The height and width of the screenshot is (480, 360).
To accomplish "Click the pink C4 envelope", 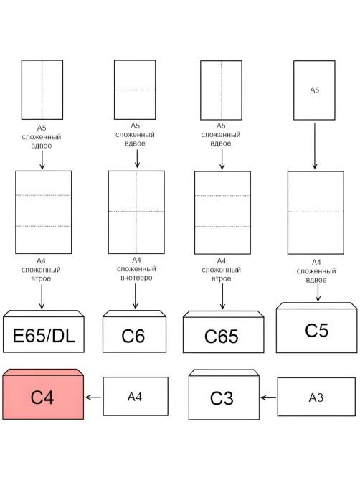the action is [x=43, y=395].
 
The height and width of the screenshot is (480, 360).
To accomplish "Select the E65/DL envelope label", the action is [x=44, y=336].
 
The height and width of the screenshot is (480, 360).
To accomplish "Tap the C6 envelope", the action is [x=134, y=331].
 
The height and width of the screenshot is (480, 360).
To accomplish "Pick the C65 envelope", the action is [x=223, y=331].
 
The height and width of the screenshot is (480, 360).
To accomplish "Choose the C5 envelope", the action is [x=316, y=328].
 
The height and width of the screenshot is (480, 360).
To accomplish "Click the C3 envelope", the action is [x=224, y=395].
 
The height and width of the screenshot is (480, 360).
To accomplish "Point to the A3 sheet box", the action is [x=316, y=397].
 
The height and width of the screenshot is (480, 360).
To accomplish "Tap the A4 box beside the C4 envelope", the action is [x=136, y=397].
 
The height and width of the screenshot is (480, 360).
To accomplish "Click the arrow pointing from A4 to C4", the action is [x=93, y=397].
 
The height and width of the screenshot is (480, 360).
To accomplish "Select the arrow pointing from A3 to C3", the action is [x=268, y=398].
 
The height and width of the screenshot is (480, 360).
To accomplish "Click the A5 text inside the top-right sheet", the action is [x=314, y=90].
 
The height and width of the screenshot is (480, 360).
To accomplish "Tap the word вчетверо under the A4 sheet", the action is [x=136, y=278].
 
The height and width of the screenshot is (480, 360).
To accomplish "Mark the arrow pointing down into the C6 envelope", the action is [x=136, y=296].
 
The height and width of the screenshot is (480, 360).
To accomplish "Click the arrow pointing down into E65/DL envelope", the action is [x=42, y=296].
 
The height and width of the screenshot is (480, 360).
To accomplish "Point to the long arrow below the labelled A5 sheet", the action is [x=315, y=146].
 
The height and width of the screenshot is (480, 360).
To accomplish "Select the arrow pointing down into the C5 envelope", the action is [x=318, y=293].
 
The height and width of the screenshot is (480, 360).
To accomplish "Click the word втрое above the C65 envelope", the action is [x=221, y=279].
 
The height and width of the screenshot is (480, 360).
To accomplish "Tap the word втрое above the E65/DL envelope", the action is [x=41, y=279].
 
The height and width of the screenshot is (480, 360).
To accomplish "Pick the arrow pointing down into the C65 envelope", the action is [x=222, y=296].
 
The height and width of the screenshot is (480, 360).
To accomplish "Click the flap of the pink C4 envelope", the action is [x=43, y=372].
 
